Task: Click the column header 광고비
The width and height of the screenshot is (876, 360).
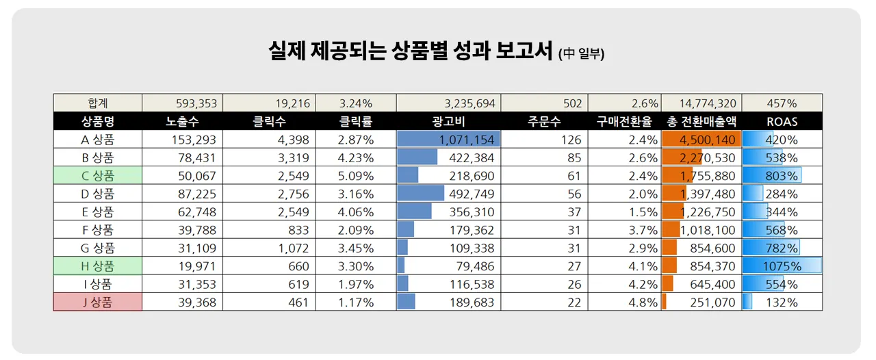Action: [448, 122]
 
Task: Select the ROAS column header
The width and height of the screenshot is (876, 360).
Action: [782, 122]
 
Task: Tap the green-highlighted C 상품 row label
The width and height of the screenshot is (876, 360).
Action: [98, 176]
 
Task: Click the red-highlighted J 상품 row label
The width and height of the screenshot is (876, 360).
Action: [98, 302]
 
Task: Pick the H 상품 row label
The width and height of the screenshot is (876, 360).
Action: [98, 266]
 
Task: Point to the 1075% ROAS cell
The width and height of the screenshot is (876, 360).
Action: [782, 266]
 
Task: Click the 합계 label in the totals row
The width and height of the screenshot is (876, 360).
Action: [98, 103]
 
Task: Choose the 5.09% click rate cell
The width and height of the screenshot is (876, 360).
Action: [356, 176]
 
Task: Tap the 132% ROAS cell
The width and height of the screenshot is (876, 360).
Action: [782, 302]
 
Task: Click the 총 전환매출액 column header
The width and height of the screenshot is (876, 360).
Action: [701, 122]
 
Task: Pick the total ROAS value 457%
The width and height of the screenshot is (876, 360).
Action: [782, 103]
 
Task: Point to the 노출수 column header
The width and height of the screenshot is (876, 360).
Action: [182, 122]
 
